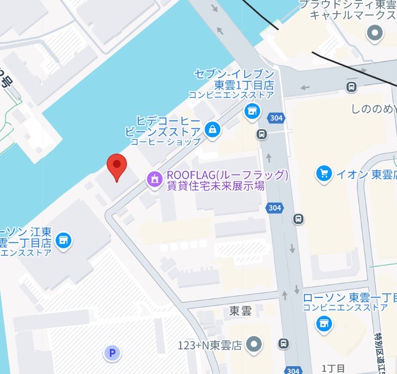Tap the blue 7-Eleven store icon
252,110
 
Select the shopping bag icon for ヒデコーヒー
212,130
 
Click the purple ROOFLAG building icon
154,180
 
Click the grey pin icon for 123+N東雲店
254,344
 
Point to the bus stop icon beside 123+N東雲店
284,344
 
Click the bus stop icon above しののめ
352,86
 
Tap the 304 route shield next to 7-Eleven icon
277,118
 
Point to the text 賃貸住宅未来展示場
215,186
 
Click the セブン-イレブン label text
234,74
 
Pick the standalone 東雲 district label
240,311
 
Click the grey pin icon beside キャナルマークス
375,34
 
